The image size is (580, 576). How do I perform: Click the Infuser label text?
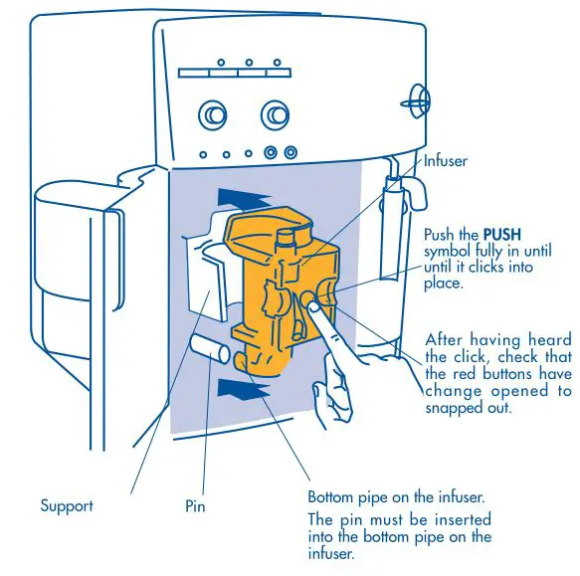(x=445, y=160)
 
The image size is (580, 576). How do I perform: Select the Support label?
(x=67, y=505)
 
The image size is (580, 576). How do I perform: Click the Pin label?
(x=196, y=505)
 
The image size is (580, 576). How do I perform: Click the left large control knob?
(x=212, y=116)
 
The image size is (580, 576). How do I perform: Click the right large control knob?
(x=276, y=116)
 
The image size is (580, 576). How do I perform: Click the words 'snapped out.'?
(x=465, y=407)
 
